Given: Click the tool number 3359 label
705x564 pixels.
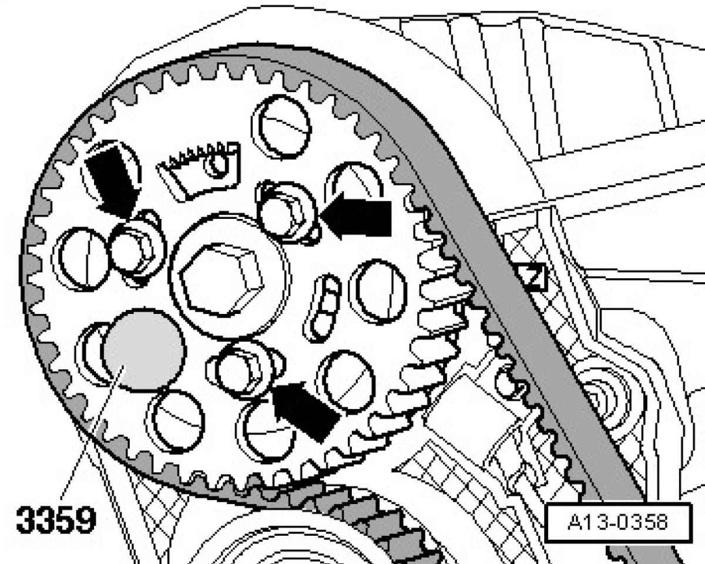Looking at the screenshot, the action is point(56,519).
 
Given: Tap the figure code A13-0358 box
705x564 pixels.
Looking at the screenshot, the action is point(619,522).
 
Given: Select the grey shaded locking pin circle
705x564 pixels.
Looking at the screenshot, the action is point(144,350).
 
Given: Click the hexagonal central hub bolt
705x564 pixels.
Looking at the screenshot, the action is point(222,281).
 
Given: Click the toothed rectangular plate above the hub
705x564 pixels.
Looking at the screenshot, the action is point(200,171).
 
